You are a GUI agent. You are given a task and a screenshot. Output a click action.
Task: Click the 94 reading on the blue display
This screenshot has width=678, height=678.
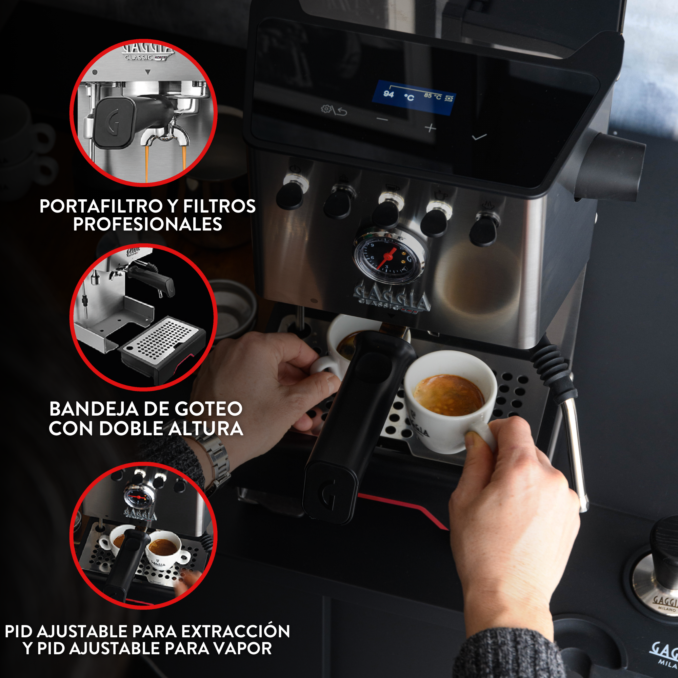tap(388, 94)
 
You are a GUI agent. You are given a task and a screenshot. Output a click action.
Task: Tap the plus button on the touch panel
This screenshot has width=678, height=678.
tap(431, 128)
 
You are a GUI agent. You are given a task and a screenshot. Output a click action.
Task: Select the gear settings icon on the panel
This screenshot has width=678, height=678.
tap(326, 109)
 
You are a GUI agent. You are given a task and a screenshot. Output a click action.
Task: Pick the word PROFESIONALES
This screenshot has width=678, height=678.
tap(147, 225)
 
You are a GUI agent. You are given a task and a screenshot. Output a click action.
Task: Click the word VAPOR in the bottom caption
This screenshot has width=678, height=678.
tap(243, 648)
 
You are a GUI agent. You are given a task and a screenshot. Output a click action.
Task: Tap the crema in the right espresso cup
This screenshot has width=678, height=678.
tap(448, 395)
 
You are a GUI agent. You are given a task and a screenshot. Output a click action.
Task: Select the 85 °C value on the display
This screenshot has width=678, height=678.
tap(432, 96)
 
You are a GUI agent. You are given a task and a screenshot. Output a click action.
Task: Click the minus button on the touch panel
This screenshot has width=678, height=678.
tap(382, 120)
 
